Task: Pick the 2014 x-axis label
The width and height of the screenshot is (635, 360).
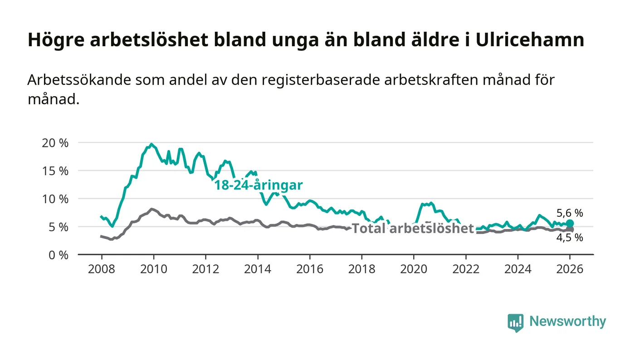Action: [258, 268]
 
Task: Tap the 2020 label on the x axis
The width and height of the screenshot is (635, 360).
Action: [414, 268]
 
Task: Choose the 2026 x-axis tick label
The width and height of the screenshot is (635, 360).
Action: [570, 268]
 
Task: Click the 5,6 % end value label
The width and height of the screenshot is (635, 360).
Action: [570, 213]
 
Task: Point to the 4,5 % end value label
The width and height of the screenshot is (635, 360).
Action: [570, 237]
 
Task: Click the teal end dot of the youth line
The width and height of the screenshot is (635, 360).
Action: [570, 224]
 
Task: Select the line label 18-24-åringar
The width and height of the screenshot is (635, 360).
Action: [259, 185]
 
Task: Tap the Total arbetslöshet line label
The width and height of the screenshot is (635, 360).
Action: [413, 229]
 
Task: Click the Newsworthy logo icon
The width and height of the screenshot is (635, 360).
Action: [515, 322]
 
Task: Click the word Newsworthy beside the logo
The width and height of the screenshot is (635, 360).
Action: [567, 321]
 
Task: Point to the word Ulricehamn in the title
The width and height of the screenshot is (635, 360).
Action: [530, 40]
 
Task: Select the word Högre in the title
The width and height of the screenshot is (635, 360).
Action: [56, 40]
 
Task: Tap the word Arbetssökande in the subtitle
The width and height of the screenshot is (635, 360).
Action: [75, 80]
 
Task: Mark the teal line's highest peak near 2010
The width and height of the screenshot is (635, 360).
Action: [151, 144]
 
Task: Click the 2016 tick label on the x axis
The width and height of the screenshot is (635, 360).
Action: [310, 268]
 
